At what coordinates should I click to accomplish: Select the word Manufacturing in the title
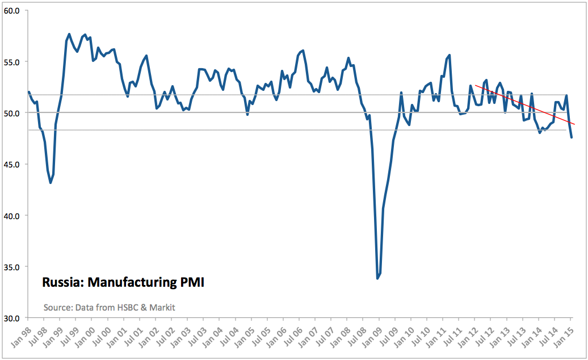(x=131, y=282)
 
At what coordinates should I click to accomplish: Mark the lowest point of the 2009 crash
(x=377, y=278)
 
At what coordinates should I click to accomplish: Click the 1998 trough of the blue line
(x=51, y=182)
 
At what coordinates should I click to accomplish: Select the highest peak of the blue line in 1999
(x=69, y=34)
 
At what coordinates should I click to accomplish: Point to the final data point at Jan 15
(x=572, y=137)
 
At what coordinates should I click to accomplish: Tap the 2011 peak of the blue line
(x=450, y=55)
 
